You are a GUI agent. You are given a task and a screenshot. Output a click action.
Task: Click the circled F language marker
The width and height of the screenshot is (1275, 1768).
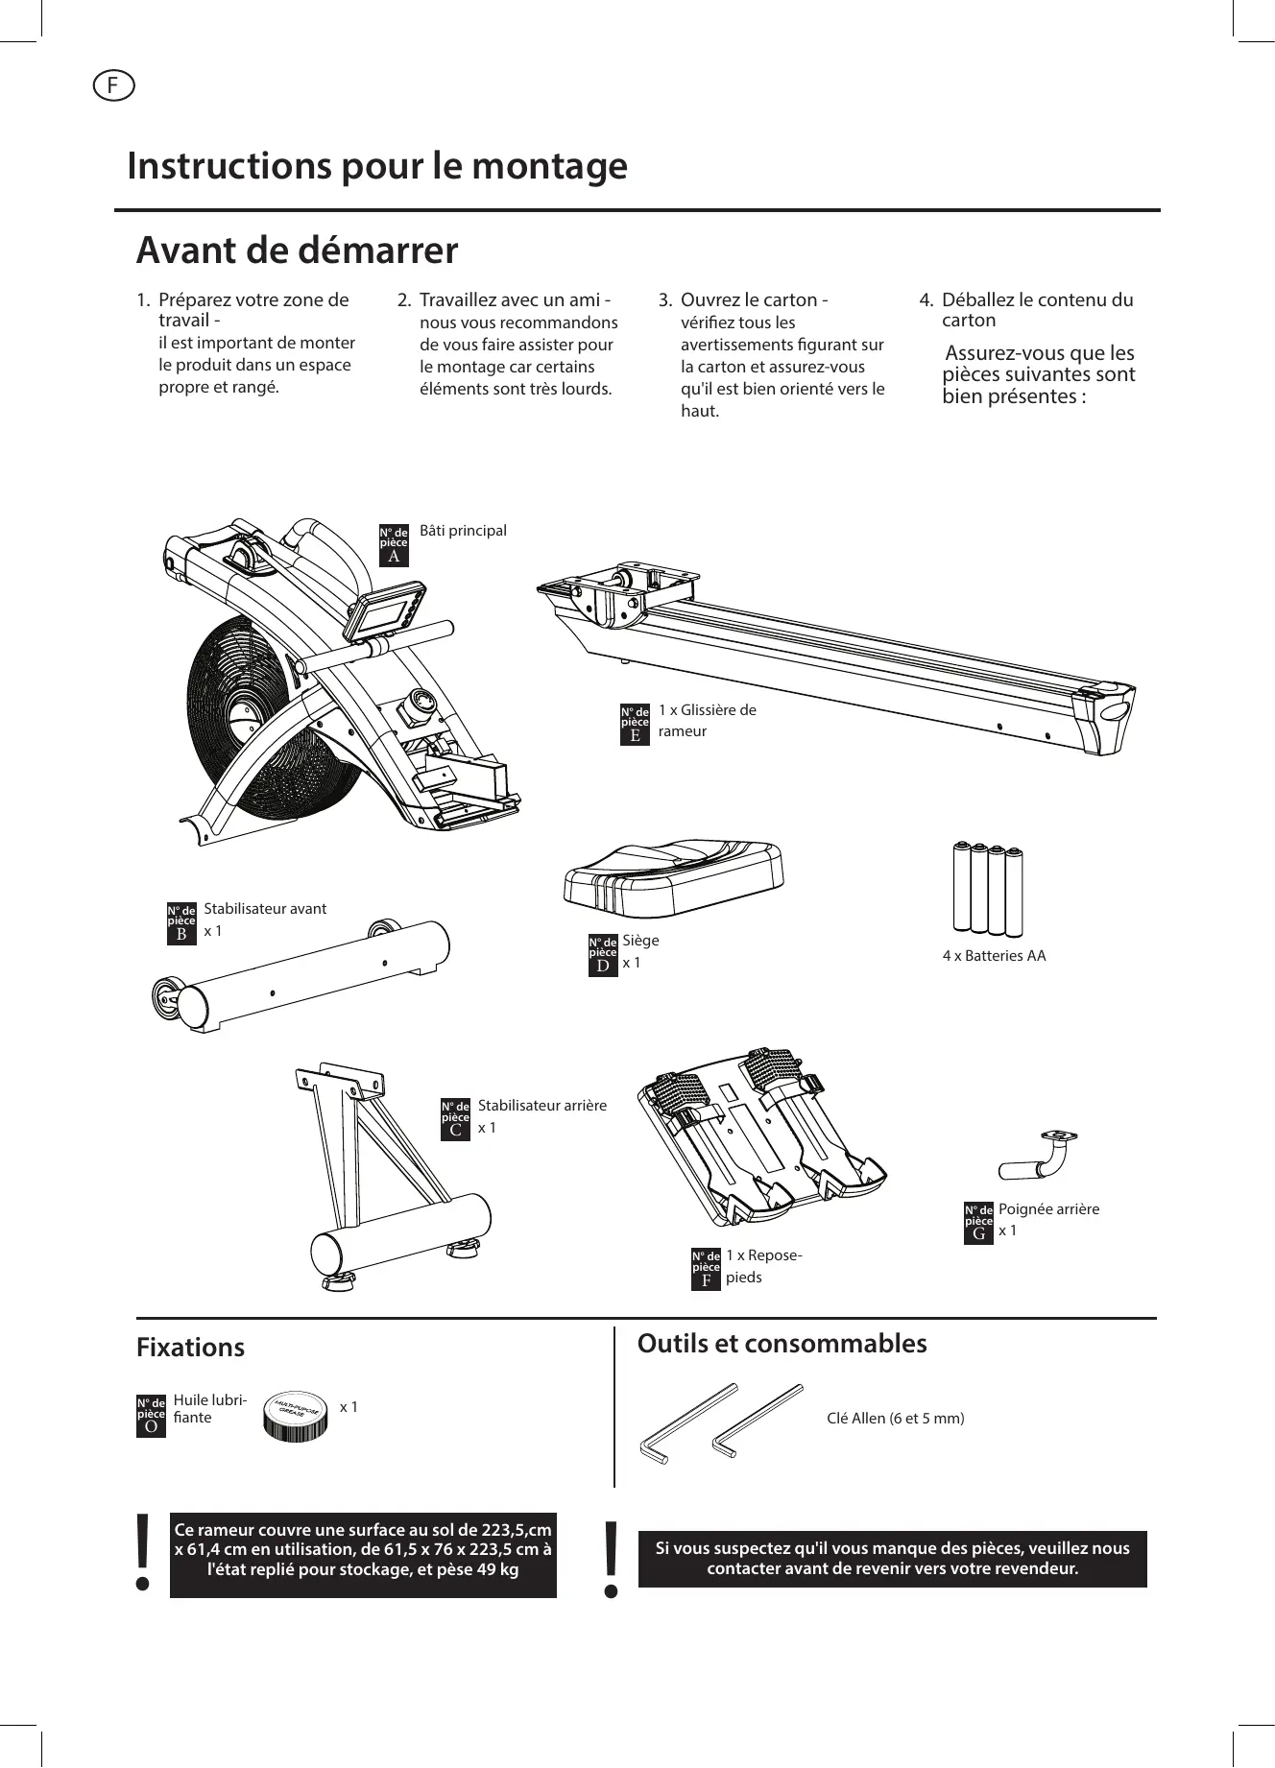(x=113, y=85)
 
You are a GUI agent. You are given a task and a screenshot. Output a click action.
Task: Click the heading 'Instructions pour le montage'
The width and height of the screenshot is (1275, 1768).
(x=377, y=165)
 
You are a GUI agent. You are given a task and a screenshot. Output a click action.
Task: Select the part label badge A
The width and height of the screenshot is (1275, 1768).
(x=394, y=545)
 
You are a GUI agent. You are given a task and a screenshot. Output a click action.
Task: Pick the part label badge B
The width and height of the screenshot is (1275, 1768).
(x=181, y=923)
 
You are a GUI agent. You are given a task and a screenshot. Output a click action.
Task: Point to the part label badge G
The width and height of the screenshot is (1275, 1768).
(x=978, y=1223)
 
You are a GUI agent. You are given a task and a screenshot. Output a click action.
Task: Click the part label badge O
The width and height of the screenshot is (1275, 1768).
(x=151, y=1416)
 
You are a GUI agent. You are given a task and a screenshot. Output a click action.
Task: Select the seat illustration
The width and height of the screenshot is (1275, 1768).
(x=673, y=876)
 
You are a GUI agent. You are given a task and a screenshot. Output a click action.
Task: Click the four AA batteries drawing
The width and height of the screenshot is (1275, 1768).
(x=987, y=888)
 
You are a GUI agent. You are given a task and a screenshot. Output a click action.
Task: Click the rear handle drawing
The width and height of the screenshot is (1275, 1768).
(x=1036, y=1157)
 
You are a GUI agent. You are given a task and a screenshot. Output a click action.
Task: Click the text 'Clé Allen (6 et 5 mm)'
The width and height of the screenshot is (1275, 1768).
(x=895, y=1418)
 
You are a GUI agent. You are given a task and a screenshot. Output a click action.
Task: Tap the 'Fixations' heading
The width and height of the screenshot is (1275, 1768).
(x=190, y=1347)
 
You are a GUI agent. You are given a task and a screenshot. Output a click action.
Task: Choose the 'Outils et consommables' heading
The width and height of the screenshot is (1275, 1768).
(x=782, y=1343)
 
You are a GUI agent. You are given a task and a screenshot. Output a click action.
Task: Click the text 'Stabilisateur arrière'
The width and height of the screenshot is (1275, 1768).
(x=541, y=1106)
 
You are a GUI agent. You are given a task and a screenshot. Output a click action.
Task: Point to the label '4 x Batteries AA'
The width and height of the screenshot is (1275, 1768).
(x=994, y=955)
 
